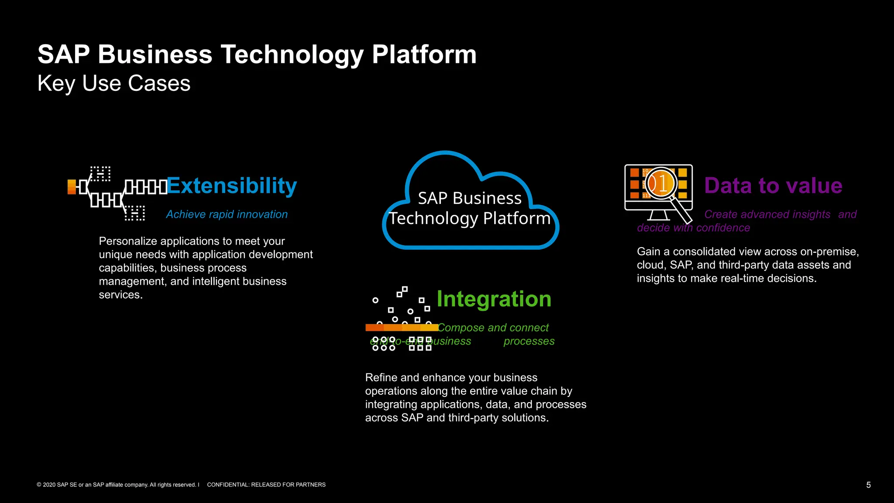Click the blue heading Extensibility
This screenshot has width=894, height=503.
[231, 186]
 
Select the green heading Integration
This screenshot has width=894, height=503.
[494, 299]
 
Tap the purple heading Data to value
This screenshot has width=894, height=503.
[773, 186]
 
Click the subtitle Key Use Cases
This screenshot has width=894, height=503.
[113, 83]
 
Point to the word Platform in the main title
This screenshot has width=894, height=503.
[424, 55]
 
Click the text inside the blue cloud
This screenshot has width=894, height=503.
[470, 208]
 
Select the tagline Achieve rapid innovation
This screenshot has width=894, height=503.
[227, 214]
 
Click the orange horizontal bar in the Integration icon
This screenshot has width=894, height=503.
[402, 327]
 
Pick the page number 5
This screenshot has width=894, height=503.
[868, 485]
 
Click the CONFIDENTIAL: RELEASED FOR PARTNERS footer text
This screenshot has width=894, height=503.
[266, 485]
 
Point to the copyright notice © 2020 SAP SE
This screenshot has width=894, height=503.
[118, 485]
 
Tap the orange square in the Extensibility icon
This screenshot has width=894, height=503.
[72, 186]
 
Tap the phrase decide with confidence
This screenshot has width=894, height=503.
[693, 228]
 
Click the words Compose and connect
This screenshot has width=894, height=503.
[493, 327]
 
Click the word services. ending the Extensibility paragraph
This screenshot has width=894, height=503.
[120, 295]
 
